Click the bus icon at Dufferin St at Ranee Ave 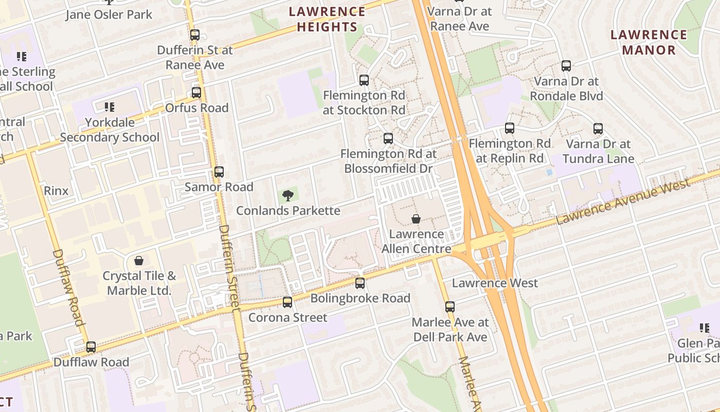(x=194, y=35)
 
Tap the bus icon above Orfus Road (x=196, y=93)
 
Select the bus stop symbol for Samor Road (x=219, y=172)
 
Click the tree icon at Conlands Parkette (x=288, y=195)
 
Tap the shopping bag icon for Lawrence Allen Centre (x=416, y=219)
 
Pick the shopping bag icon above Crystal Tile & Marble (x=138, y=261)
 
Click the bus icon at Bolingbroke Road (x=360, y=283)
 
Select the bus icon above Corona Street (x=287, y=302)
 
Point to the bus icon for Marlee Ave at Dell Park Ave (x=450, y=307)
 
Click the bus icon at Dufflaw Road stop (x=91, y=347)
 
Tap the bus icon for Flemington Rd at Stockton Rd (x=364, y=80)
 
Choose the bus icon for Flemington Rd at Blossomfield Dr (x=388, y=139)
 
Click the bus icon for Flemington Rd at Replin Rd (x=510, y=128)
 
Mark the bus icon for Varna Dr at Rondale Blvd (x=566, y=66)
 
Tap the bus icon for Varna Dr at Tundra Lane (x=598, y=129)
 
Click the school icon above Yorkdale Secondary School (x=109, y=107)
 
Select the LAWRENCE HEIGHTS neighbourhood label (x=327, y=19)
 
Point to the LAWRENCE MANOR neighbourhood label (x=649, y=42)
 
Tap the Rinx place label (x=56, y=191)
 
